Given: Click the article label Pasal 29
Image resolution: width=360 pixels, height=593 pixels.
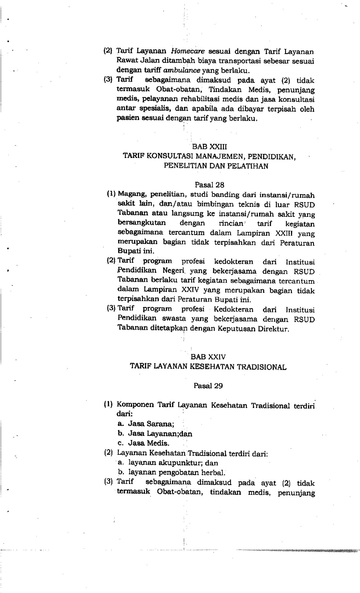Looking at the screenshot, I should [208, 386].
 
